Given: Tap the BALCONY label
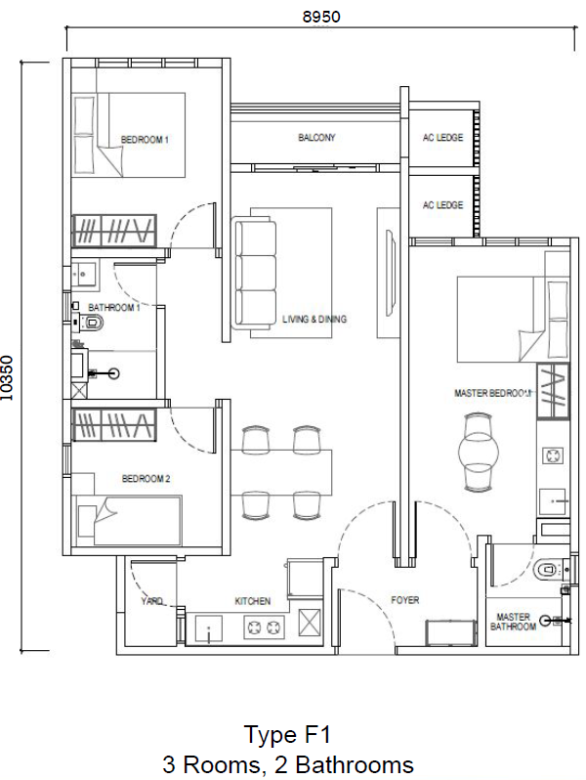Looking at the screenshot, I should tap(316, 138).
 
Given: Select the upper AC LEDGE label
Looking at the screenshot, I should tap(442, 138).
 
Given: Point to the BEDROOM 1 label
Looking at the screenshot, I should tap(145, 140).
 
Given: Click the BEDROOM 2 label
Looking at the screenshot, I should tap(146, 479).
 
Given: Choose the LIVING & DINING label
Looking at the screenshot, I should tap(314, 320).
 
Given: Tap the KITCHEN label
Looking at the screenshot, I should tap(252, 601).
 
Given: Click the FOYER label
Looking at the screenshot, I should tap(404, 600).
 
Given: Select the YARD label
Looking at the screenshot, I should tap(151, 601).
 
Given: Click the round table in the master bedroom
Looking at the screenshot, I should tap(480, 450).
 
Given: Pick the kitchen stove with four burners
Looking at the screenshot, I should tap(257, 628).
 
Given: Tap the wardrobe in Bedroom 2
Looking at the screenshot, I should tap(114, 425).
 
